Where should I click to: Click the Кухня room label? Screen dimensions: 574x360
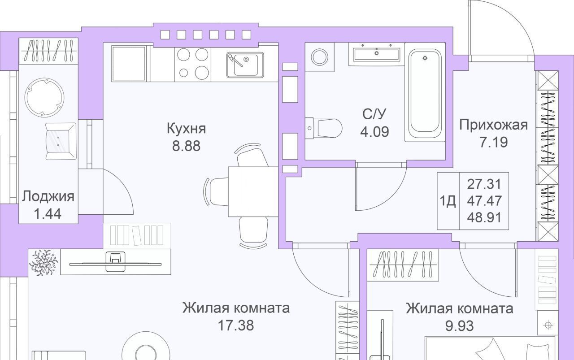click(186, 129)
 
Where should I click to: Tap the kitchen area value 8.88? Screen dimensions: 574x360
click(186, 146)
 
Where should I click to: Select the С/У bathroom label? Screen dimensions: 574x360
click(374, 114)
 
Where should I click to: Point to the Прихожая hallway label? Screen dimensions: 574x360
click(493, 125)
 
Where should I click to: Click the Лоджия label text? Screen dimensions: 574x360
click(48, 197)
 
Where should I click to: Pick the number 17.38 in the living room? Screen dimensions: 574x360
click(236, 325)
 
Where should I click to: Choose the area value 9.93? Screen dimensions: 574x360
click(460, 326)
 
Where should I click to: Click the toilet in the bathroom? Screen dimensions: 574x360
click(323, 128)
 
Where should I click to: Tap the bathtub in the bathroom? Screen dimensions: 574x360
click(425, 94)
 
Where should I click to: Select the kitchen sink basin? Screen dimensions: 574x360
click(245, 65)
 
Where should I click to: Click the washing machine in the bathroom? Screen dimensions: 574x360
click(320, 57)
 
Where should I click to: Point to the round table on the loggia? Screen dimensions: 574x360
click(44, 97)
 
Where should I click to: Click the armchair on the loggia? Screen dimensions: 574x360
click(61, 141)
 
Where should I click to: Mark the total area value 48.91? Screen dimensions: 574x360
click(484, 218)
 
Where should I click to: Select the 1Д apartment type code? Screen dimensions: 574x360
click(448, 201)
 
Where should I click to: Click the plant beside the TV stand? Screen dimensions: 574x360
click(44, 263)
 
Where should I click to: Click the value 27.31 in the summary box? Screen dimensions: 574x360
click(484, 184)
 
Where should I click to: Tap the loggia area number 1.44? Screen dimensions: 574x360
click(48, 214)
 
